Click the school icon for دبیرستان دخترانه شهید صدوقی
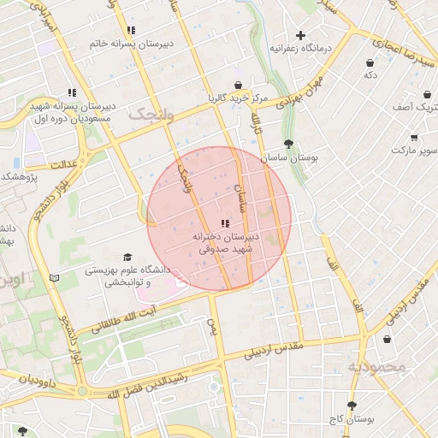[224, 223]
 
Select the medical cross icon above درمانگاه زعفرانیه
[300, 35]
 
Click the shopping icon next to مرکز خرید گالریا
[237, 85]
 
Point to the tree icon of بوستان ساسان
[287, 145]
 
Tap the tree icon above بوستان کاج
[351, 405]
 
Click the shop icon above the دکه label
[370, 62]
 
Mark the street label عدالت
[66, 162]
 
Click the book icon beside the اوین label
[56, 278]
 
